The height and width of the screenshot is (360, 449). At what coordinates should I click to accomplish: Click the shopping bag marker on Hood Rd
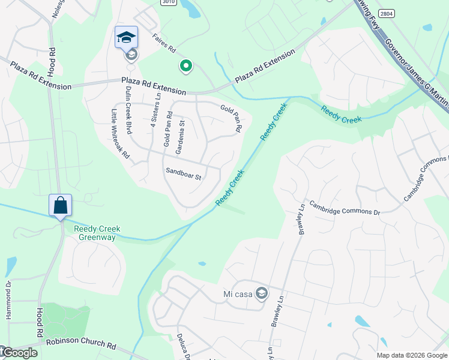61,206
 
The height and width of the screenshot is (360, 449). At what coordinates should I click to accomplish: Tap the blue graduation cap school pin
127,38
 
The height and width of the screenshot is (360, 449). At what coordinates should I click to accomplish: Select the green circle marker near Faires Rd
186,65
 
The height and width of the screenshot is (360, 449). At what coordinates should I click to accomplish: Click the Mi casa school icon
261,293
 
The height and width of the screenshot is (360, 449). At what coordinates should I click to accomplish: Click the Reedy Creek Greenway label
97,233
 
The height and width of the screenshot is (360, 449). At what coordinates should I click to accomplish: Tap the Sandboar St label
183,173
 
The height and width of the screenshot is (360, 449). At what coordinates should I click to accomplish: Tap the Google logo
19,353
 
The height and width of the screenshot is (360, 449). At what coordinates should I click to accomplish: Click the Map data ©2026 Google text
412,355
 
